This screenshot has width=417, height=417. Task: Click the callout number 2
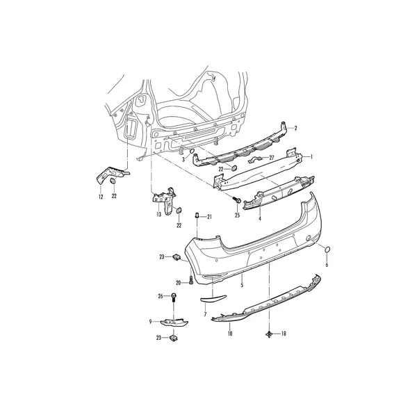[295, 128]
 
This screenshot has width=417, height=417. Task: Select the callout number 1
[311, 157]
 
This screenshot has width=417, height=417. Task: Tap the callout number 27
[271, 158]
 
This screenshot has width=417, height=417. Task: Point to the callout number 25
[237, 215]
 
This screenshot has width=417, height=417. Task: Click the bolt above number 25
[236, 199]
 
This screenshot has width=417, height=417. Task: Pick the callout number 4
[260, 218]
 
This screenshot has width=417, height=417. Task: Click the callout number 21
[209, 217]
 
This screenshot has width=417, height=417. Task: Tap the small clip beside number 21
[197, 215]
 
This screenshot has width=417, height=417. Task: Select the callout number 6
[327, 265]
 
